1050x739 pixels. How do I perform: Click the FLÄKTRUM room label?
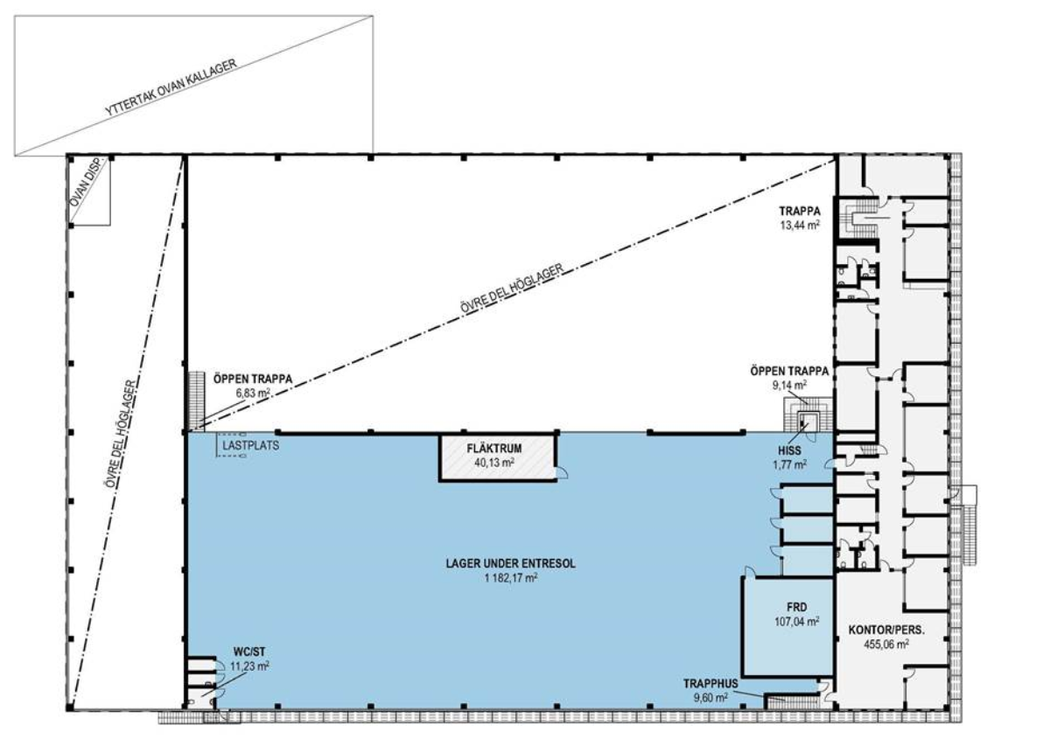click(494, 449)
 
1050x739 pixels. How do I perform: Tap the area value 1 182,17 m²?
click(511, 578)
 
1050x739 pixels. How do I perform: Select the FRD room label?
click(797, 607)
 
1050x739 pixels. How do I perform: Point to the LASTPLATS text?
click(251, 445)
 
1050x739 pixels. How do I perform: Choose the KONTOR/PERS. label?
click(886, 630)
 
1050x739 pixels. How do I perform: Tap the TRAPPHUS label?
click(710, 684)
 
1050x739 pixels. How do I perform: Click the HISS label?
click(790, 450)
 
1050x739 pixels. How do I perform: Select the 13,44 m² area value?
click(800, 225)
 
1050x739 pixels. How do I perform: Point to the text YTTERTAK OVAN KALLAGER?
click(171, 87)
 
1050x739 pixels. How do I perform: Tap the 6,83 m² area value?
click(253, 393)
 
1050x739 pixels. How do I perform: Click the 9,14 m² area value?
click(789, 385)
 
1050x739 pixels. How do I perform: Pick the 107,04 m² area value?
click(797, 622)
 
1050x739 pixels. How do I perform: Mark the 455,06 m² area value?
click(886, 644)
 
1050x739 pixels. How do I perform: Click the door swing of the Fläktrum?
click(562, 472)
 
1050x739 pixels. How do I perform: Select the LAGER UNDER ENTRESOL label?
click(510, 563)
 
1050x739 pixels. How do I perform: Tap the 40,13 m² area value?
click(494, 463)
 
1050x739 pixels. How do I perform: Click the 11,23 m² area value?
click(250, 666)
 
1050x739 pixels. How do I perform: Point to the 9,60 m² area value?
click(710, 698)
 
